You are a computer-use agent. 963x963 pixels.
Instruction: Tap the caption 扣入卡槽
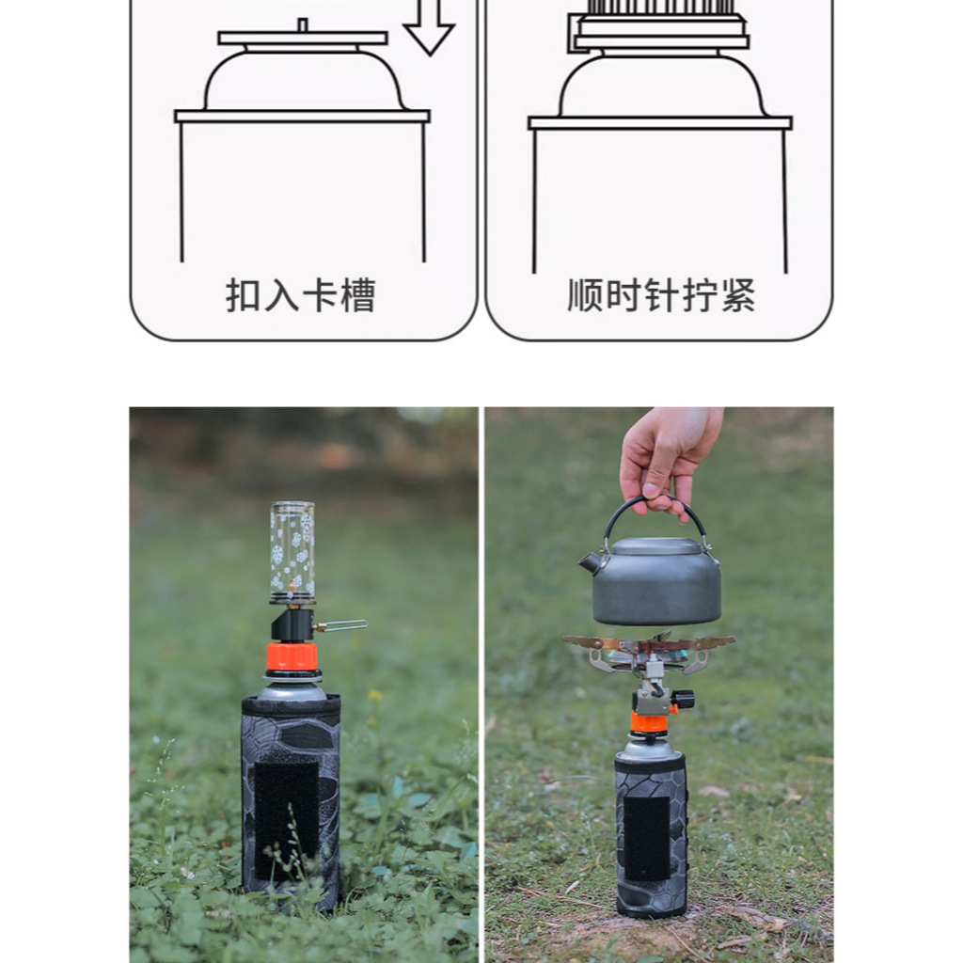pyautogui.click(x=300, y=295)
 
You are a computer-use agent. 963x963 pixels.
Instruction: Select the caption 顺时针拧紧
pyautogui.click(x=661, y=295)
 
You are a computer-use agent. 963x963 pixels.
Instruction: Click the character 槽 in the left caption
pyautogui.click(x=357, y=295)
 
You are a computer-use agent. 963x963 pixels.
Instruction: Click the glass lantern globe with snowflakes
pyautogui.click(x=292, y=551)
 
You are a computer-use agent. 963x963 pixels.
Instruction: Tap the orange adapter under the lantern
pyautogui.click(x=292, y=656)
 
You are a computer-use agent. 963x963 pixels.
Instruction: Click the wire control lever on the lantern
pyautogui.click(x=342, y=624)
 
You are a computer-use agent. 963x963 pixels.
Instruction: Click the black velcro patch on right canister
pyautogui.click(x=648, y=838)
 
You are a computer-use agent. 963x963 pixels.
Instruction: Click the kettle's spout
pyautogui.click(x=589, y=563)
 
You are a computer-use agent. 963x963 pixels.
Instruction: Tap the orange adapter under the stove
pyautogui.click(x=648, y=722)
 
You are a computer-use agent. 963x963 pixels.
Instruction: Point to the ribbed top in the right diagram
pyautogui.click(x=659, y=8)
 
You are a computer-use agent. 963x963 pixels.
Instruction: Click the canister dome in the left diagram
pyautogui.click(x=303, y=82)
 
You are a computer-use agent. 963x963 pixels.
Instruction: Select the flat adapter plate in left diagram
pyautogui.click(x=303, y=39)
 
